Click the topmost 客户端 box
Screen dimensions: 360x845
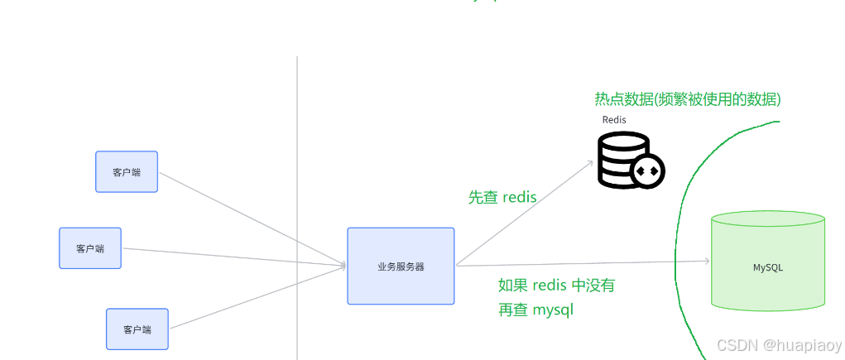(126, 171)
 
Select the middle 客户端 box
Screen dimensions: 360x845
(89, 248)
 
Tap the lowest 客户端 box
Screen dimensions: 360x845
(137, 329)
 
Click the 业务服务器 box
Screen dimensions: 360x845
(401, 266)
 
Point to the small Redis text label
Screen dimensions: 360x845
(614, 120)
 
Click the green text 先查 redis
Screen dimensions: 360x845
(502, 198)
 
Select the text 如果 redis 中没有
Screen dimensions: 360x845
(556, 286)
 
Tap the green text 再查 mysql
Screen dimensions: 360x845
(535, 310)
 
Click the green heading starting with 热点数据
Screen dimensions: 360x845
(688, 99)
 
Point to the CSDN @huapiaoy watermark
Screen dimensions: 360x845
(779, 345)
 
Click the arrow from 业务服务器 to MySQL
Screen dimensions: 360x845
(579, 263)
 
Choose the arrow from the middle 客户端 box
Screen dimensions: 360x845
(232, 257)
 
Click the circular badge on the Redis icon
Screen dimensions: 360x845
(647, 170)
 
